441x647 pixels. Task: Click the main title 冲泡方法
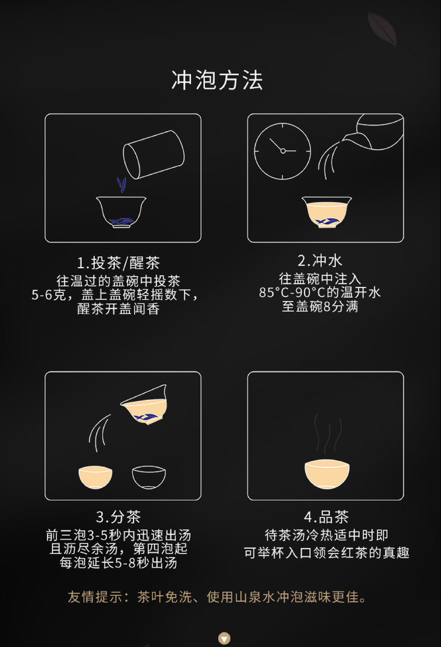[x=217, y=80]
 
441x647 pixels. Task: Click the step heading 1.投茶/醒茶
[x=118, y=262]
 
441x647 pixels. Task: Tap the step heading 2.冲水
[x=320, y=260]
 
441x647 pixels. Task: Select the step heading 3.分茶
[x=118, y=517]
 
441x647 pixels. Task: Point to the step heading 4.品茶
[x=326, y=517]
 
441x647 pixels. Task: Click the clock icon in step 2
[x=283, y=151]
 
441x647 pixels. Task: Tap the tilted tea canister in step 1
[x=153, y=154]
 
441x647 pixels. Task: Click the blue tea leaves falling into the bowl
[x=121, y=184]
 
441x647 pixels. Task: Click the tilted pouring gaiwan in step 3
[x=144, y=405]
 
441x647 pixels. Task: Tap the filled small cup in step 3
[x=95, y=477]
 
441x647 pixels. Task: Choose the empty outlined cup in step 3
[x=149, y=477]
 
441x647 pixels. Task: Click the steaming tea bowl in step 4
[x=327, y=474]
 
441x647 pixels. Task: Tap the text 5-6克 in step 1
[x=48, y=295]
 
